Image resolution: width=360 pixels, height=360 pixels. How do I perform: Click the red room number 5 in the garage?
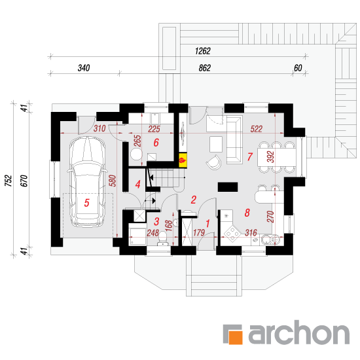click(86, 203)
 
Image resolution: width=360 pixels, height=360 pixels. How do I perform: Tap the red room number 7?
click(250, 156)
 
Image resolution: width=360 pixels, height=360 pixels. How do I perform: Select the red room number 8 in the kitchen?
click(247, 213)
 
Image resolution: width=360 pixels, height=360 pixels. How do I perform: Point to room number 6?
click(156, 143)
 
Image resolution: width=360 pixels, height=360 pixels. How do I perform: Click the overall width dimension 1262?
click(202, 51)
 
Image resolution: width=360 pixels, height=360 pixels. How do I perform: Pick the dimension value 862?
click(205, 68)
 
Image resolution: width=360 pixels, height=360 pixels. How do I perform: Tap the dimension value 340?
click(84, 68)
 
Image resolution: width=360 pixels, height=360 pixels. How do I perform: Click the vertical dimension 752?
click(9, 181)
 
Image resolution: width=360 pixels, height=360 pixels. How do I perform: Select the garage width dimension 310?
click(99, 128)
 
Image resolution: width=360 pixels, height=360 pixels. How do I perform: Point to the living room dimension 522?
click(256, 129)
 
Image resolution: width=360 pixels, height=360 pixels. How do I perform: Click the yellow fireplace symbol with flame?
click(183, 160)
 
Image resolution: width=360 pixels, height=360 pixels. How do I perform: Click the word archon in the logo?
click(299, 333)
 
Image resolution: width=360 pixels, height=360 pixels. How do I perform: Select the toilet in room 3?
click(162, 239)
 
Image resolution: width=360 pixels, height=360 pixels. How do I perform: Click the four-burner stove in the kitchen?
click(232, 234)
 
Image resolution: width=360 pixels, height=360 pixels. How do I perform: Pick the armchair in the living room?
click(214, 162)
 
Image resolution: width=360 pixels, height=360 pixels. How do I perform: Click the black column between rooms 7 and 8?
click(228, 187)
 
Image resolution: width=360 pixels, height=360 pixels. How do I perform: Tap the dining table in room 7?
click(277, 157)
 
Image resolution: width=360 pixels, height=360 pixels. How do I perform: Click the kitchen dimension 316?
click(251, 233)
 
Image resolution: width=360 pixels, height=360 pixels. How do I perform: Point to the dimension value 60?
click(298, 68)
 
